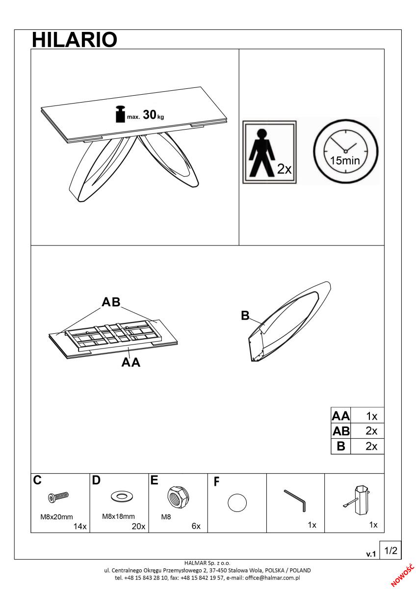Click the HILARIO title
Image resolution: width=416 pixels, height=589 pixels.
tap(75, 40)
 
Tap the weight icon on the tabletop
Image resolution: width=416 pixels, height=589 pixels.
tap(121, 114)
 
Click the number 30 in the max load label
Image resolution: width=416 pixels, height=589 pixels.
tap(150, 115)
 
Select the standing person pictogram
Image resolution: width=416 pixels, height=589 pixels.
tap(262, 153)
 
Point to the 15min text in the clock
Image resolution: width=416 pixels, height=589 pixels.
tap(345, 161)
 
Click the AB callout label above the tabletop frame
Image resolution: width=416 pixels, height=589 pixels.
tap(111, 302)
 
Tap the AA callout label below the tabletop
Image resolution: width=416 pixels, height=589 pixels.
tap(131, 362)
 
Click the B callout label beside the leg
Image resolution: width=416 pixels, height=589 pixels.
tap(245, 316)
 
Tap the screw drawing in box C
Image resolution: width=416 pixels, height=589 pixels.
tap(58, 496)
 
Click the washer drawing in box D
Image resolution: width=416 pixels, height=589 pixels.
tap(122, 496)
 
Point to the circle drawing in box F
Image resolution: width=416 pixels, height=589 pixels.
tap(237, 503)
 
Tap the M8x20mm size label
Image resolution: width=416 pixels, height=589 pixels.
tap(56, 517)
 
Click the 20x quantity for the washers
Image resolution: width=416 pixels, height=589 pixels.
tap(138, 526)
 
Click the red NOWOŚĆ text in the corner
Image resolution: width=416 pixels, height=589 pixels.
tap(403, 576)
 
